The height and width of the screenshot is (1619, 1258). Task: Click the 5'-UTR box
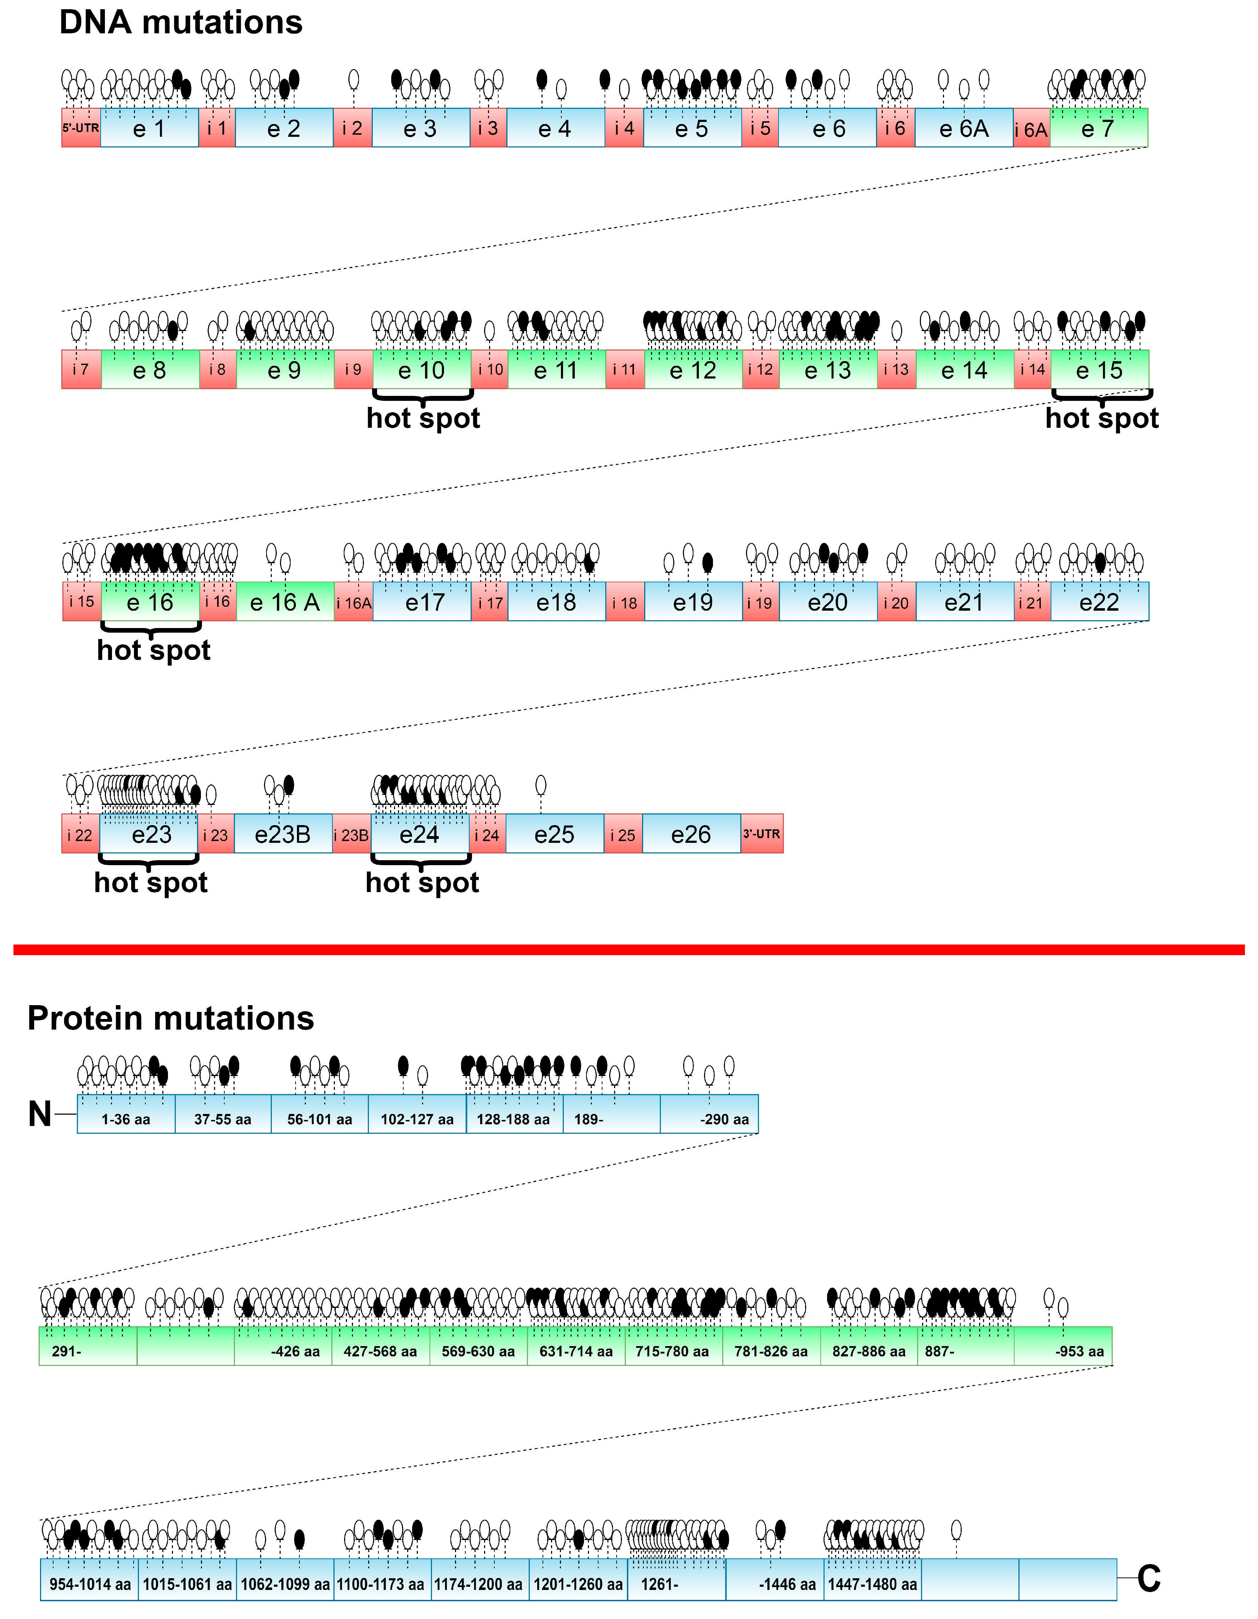pyautogui.click(x=80, y=128)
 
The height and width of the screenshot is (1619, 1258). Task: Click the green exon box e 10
pyautogui.click(x=421, y=369)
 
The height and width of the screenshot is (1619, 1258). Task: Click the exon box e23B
pyautogui.click(x=282, y=834)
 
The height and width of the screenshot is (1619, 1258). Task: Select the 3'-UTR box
pyautogui.click(x=761, y=834)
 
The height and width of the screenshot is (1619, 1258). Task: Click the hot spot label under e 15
pyautogui.click(x=1102, y=418)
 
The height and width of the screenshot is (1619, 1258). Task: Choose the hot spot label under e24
pyautogui.click(x=422, y=882)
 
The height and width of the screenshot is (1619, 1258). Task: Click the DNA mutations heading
pyautogui.click(x=181, y=22)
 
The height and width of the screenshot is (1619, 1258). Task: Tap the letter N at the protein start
pyautogui.click(x=40, y=1114)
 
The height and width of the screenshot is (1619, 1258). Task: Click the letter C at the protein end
pyautogui.click(x=1148, y=1579)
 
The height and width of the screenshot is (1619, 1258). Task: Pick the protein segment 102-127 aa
pyautogui.click(x=417, y=1119)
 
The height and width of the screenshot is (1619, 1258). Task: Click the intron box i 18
pyautogui.click(x=624, y=602)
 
